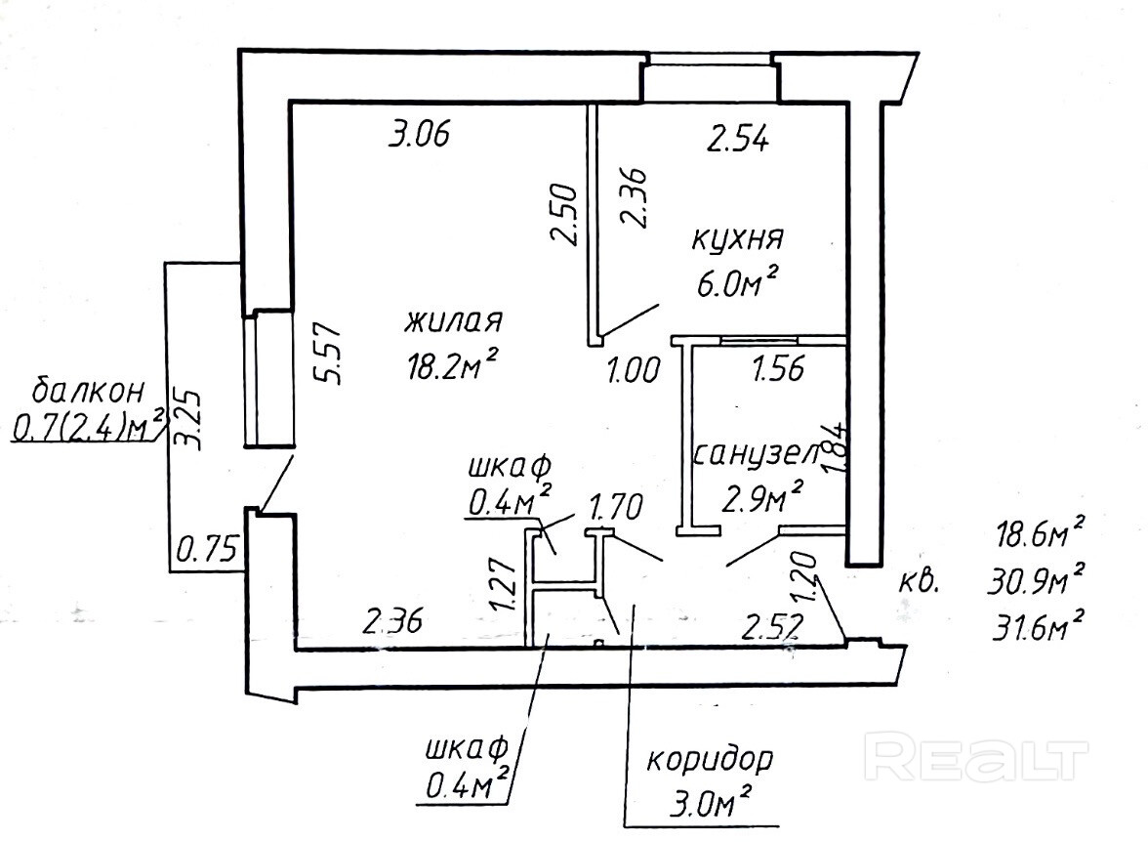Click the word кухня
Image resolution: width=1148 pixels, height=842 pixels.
[x=738, y=239]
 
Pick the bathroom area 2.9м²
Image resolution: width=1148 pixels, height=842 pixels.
[x=762, y=498]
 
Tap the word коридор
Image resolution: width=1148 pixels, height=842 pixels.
[x=711, y=759]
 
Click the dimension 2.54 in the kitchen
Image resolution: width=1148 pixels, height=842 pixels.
[x=739, y=140]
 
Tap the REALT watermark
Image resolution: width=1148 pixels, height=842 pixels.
[x=978, y=759]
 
